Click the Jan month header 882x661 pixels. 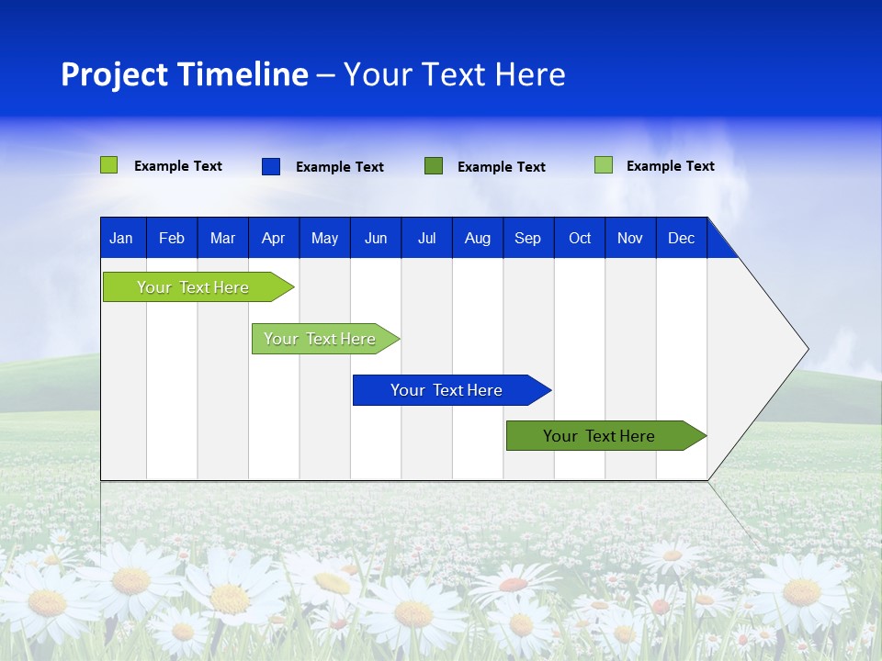pyautogui.click(x=121, y=238)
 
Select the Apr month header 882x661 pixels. pyautogui.click(x=273, y=238)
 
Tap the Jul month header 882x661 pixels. pyautogui.click(x=426, y=238)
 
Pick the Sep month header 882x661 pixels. pyautogui.click(x=527, y=238)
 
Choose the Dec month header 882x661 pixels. pyautogui.click(x=681, y=238)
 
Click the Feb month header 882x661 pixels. pyautogui.click(x=172, y=238)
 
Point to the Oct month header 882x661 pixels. pyautogui.click(x=580, y=238)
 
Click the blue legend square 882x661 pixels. pyautogui.click(x=271, y=166)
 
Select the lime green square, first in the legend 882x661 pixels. pyautogui.click(x=109, y=165)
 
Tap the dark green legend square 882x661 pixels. pyautogui.click(x=434, y=166)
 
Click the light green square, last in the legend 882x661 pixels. pyautogui.click(x=604, y=165)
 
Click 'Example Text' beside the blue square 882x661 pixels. pyautogui.click(x=340, y=167)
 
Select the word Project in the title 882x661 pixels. pyautogui.click(x=113, y=74)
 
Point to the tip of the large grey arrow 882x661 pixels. pyautogui.click(x=806, y=349)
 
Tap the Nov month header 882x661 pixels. pyautogui.click(x=630, y=238)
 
